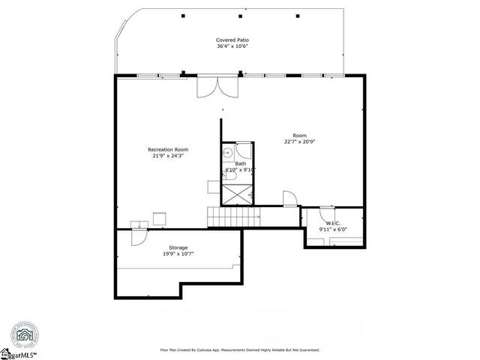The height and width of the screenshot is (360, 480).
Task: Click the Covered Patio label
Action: (x=232, y=40)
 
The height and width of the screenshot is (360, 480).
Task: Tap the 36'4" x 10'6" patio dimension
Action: (x=232, y=46)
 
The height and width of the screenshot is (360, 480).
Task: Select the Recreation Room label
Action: (x=167, y=150)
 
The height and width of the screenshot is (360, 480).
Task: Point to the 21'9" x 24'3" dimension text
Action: (x=167, y=157)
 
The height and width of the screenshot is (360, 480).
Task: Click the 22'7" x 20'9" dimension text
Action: (x=299, y=142)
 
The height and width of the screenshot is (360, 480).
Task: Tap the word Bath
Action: (x=240, y=163)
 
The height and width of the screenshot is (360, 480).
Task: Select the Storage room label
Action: (x=178, y=247)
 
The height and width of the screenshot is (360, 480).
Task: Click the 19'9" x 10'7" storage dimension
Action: (x=178, y=254)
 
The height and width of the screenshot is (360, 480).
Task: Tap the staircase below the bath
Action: (x=233, y=217)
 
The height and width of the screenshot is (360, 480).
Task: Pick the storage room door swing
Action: (x=138, y=235)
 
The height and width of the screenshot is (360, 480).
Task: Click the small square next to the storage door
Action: (x=159, y=218)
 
